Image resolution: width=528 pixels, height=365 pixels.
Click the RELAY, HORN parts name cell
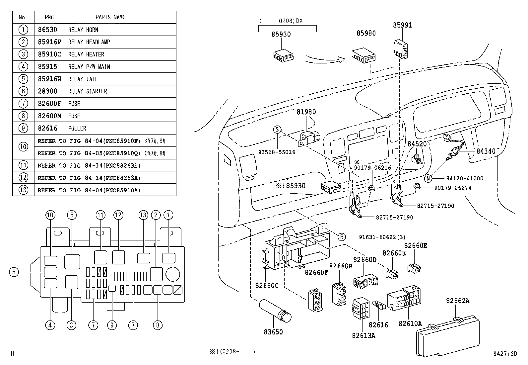(83, 30)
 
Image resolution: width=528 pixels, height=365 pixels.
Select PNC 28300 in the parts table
(47, 91)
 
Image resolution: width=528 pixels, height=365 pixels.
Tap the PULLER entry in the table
(77, 128)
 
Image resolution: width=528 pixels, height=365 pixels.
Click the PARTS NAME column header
(110, 17)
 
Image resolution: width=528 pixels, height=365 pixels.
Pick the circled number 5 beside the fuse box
(14, 272)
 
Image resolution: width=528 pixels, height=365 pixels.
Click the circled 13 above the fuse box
(143, 215)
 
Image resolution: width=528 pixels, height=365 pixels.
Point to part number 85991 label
(402, 25)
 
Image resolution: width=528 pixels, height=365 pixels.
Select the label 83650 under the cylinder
(273, 331)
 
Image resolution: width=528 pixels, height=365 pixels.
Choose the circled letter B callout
(342, 237)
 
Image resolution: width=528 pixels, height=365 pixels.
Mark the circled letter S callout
(277, 130)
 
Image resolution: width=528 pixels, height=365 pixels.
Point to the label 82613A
(363, 335)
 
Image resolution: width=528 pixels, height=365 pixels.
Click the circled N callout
(428, 179)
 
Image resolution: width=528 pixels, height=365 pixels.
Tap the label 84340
(486, 151)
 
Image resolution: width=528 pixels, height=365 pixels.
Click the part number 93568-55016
(277, 152)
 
